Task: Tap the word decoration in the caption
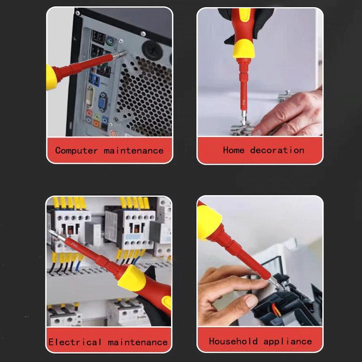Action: tap(277, 150)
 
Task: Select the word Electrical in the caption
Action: tap(75, 342)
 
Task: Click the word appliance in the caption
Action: tap(288, 341)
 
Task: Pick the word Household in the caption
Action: tap(233, 341)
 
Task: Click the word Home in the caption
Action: tap(233, 150)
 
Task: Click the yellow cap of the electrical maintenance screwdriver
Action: tap(131, 279)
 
